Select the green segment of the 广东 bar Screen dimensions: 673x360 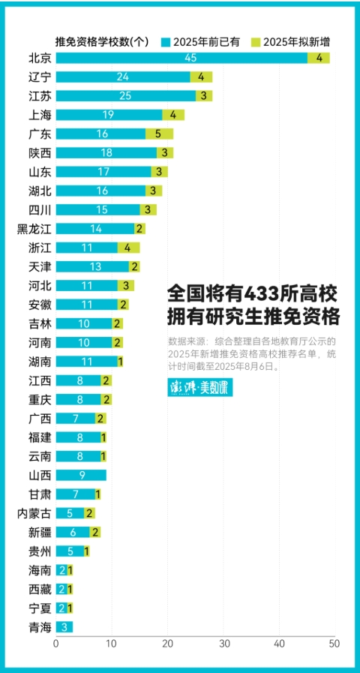click(x=159, y=134)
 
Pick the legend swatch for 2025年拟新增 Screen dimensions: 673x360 click(x=256, y=41)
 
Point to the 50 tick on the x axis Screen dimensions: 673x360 click(x=334, y=643)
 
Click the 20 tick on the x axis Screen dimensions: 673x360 click(x=167, y=643)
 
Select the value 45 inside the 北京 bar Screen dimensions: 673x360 click(x=190, y=58)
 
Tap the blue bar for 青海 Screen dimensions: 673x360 click(x=64, y=626)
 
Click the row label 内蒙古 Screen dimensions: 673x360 click(x=34, y=513)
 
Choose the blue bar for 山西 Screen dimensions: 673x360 click(x=81, y=475)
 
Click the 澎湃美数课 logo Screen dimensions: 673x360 click(x=199, y=388)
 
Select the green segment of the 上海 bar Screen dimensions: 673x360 click(x=173, y=115)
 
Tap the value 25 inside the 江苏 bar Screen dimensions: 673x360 click(x=125, y=96)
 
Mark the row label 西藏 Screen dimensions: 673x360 click(x=40, y=589)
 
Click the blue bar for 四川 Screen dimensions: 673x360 click(x=97, y=209)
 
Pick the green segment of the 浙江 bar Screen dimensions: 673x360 click(x=128, y=248)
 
